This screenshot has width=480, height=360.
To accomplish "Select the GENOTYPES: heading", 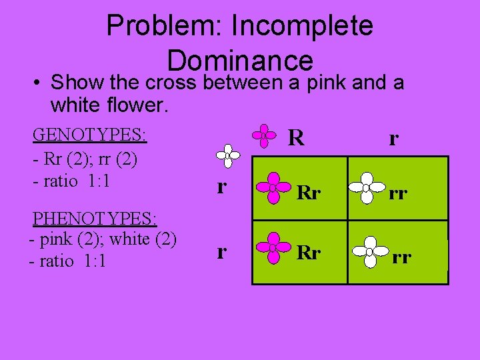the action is (90, 135).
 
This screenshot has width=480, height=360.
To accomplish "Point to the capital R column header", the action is (296, 137).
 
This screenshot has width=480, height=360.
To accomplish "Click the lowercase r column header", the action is (394, 139).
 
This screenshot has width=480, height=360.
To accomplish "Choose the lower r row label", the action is (221, 251).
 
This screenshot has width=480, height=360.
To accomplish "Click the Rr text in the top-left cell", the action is (309, 193).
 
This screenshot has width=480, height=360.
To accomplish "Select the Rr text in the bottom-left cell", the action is (309, 254).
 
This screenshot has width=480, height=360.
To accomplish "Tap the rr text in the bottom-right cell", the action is (401, 256).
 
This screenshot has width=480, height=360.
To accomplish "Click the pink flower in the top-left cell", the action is (273, 187).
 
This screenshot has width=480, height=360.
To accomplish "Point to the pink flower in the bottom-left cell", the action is (273, 248).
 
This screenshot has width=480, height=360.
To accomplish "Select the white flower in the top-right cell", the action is (366, 188).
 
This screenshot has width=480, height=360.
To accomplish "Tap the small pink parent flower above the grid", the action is (264, 135).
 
